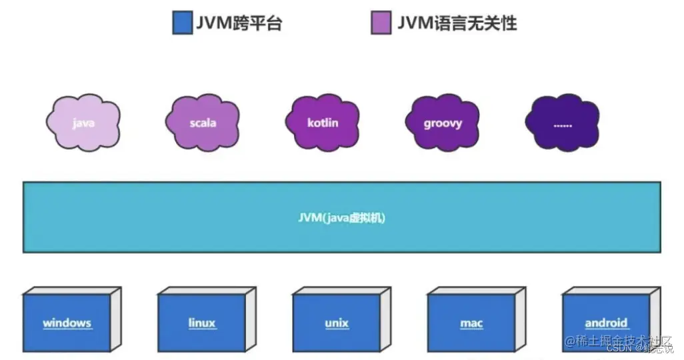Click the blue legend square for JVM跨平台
[182, 23]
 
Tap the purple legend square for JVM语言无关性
[381, 23]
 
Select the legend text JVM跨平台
[239, 23]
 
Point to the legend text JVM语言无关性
[457, 23]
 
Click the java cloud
[83, 123]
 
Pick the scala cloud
[203, 123]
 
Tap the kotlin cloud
[323, 123]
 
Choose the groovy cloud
[443, 123]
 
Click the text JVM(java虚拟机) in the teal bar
[341, 217]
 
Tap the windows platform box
[67, 323]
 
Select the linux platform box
[201, 323]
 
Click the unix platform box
[337, 323]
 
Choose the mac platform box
[471, 323]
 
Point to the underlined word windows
[67, 323]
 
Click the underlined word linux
[201, 323]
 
